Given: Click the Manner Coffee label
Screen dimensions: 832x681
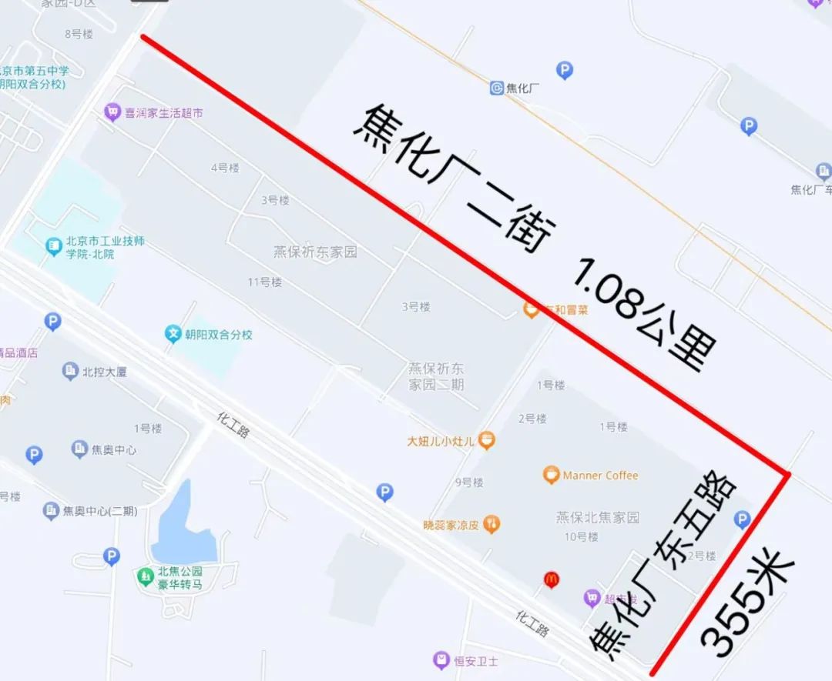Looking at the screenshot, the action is point(600,476).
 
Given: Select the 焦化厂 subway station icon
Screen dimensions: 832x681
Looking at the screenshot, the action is point(497,88).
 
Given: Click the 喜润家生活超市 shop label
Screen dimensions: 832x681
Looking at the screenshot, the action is point(164,112).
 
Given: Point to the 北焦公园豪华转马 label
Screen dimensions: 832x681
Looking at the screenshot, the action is point(179,577).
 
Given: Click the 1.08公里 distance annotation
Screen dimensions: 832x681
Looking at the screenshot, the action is point(643,315).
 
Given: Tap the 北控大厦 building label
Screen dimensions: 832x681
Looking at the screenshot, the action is point(105,372).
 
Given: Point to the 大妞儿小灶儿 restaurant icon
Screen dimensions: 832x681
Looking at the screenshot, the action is point(486,441).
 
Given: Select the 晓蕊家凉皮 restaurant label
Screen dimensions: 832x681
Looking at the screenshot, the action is point(451,526).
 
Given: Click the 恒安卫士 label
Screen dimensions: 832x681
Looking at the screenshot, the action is point(475,660).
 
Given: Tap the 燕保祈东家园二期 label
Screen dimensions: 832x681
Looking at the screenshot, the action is point(436,376).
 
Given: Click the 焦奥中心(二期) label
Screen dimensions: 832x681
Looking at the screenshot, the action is point(100,511).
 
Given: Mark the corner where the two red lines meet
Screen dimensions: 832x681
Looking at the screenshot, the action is point(787,473).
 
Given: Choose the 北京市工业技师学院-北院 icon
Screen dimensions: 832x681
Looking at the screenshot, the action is point(53,247).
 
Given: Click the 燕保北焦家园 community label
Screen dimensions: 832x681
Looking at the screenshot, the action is point(598,517).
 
